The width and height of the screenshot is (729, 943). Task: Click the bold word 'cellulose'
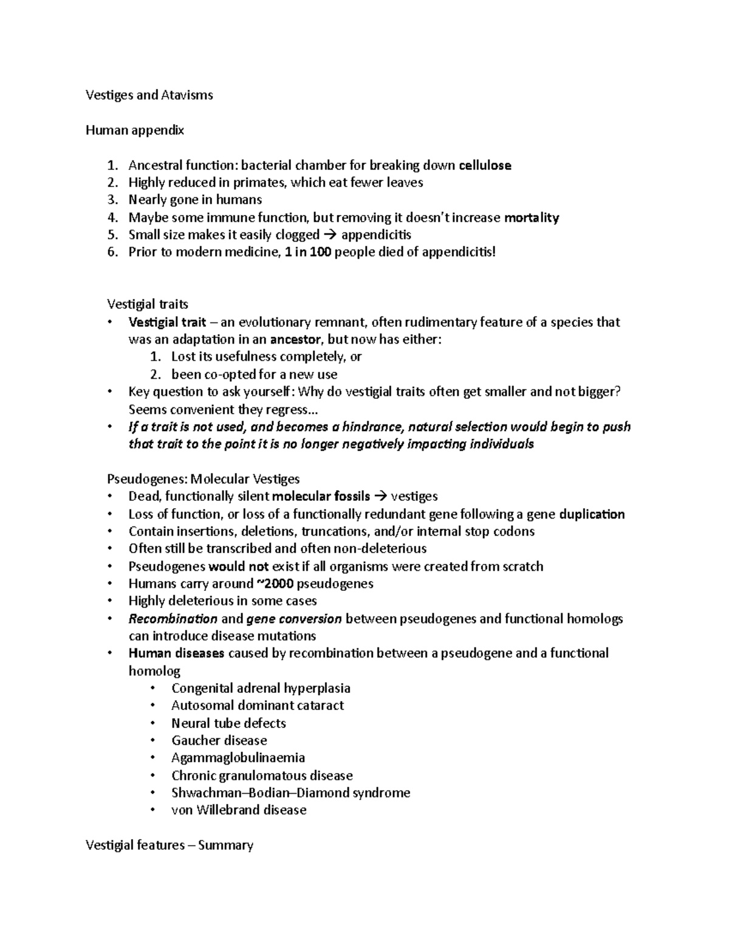(x=485, y=165)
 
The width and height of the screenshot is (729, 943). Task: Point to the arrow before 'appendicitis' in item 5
(x=330, y=235)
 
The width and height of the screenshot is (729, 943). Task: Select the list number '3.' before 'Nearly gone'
(x=112, y=200)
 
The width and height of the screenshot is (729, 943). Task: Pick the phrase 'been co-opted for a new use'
(x=254, y=374)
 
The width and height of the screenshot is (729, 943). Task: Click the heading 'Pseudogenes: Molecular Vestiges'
(x=203, y=478)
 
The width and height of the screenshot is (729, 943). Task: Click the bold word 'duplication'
(x=591, y=514)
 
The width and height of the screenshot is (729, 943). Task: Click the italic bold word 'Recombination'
(x=173, y=619)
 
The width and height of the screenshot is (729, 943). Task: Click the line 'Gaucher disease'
(x=219, y=740)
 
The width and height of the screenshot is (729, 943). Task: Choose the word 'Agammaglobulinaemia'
(x=238, y=758)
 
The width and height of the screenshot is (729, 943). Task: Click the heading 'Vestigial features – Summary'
(x=169, y=845)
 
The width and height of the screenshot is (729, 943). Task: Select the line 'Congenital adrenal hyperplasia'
(x=261, y=688)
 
